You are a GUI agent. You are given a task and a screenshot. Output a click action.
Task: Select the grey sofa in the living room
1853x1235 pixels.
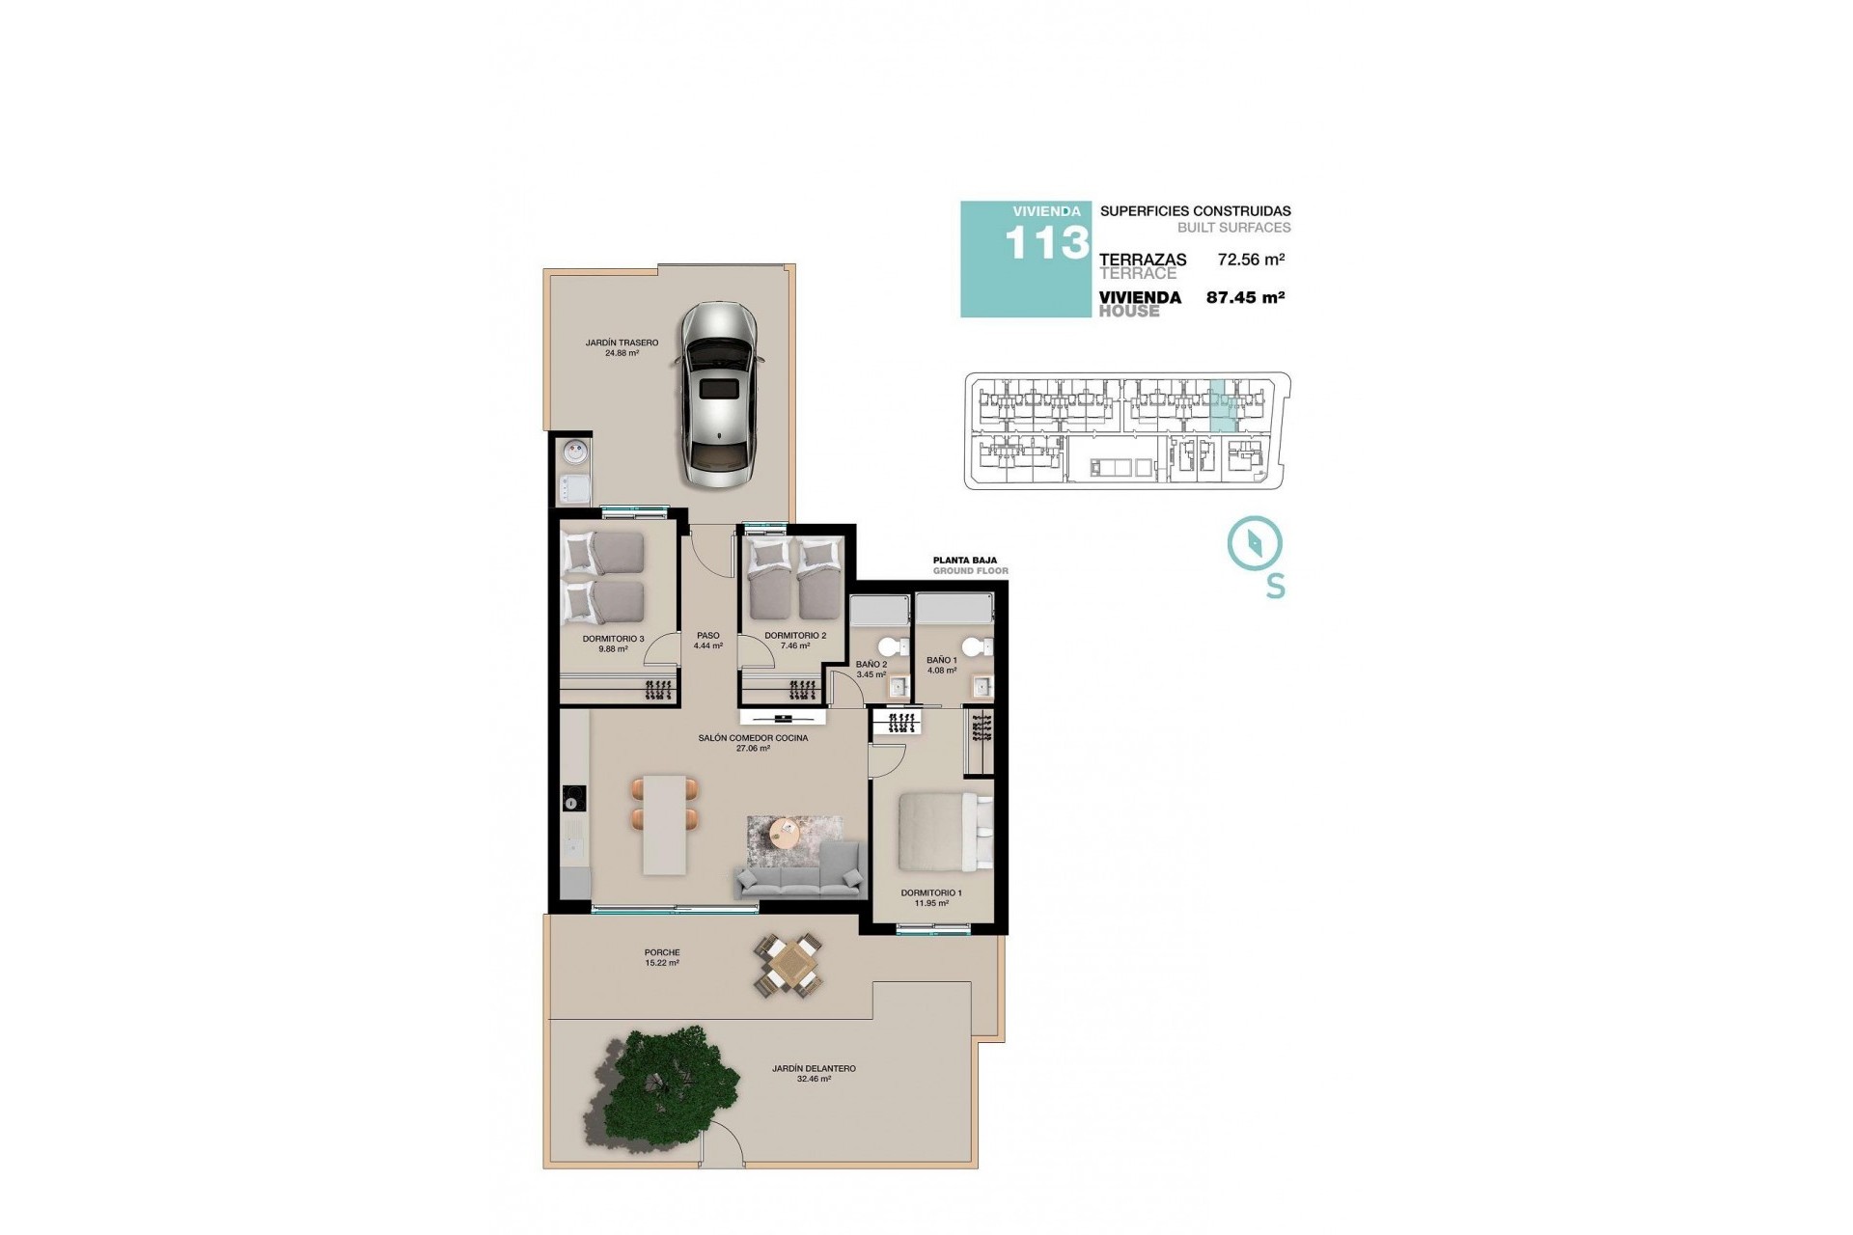click(798, 871)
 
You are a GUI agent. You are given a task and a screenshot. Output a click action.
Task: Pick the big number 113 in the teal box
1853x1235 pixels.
click(1046, 243)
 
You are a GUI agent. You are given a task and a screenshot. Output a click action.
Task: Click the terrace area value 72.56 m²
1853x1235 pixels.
click(1251, 260)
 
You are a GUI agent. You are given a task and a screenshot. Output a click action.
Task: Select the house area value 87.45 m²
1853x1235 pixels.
click(1245, 298)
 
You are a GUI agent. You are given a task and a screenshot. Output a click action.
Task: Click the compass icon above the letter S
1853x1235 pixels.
click(1255, 543)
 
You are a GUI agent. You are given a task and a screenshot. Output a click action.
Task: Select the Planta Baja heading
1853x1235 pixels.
click(964, 560)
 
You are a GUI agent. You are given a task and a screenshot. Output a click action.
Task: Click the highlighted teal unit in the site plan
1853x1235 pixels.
click(1222, 406)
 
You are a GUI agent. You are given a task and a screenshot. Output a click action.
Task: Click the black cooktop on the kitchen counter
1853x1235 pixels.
click(575, 798)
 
